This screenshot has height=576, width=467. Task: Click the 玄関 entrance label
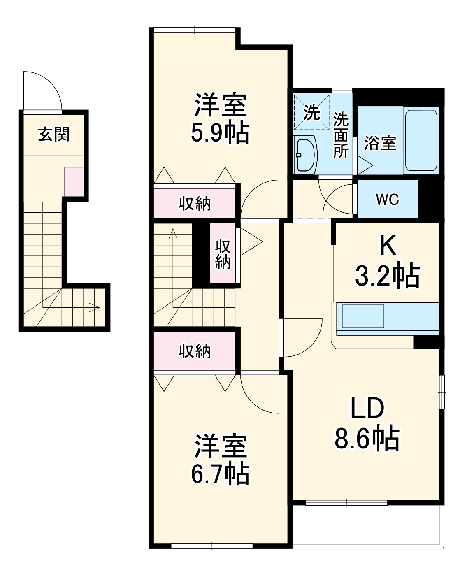point(54,134)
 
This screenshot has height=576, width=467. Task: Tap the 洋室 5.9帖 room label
point(220,118)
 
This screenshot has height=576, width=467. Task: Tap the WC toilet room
point(387,199)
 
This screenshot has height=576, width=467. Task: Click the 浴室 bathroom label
point(380,142)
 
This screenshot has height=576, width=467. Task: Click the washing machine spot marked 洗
point(312,112)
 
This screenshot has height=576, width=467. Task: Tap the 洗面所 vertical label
point(341,135)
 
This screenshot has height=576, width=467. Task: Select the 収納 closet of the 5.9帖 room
point(195,203)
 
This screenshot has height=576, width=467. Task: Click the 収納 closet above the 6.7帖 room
point(195,351)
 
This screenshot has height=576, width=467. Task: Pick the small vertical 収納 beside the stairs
point(223,253)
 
